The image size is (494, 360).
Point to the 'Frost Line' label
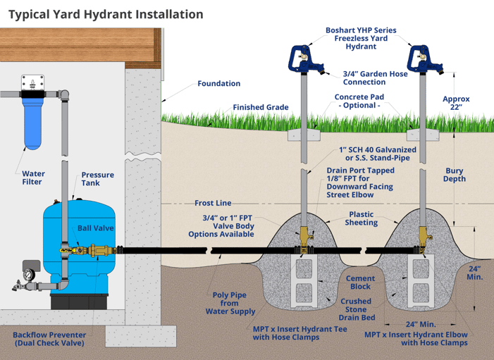coord(213,202)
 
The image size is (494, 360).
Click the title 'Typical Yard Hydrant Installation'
coord(106,14)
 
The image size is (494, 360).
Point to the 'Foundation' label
coord(218,83)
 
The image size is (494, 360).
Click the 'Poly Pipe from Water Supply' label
coord(229,303)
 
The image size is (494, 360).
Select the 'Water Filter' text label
coord(33,177)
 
